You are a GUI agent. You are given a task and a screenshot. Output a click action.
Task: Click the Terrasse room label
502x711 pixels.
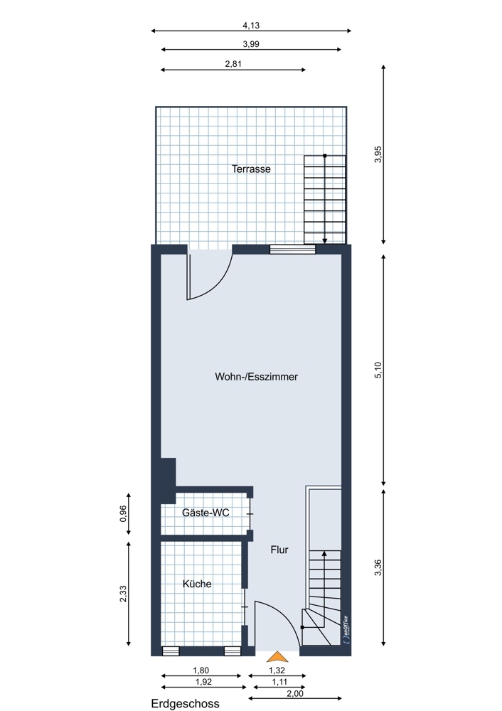click(x=251, y=169)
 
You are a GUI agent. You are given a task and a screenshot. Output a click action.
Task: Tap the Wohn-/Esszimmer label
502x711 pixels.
click(x=256, y=376)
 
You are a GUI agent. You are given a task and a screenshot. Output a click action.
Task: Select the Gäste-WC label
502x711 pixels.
click(x=205, y=513)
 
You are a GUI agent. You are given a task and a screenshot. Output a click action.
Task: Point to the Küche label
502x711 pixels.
click(x=197, y=584)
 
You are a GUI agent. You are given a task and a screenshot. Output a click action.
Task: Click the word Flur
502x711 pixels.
click(x=279, y=550)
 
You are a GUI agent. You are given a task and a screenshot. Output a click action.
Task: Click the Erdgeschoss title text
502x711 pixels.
click(x=185, y=704)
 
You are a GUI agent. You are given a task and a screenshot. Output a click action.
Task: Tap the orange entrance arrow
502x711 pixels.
click(x=277, y=656)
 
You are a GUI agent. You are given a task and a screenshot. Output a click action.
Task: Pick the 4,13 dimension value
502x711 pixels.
click(x=251, y=26)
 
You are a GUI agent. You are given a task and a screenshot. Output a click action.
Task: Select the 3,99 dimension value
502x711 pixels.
click(x=251, y=44)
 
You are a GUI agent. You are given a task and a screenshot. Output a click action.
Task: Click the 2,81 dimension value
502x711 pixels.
click(x=233, y=63)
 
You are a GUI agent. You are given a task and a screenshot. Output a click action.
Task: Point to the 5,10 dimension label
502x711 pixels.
click(x=379, y=370)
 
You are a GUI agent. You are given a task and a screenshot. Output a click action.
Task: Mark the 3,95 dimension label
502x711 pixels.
click(x=379, y=154)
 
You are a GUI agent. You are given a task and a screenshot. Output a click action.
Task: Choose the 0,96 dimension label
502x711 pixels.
click(x=123, y=514)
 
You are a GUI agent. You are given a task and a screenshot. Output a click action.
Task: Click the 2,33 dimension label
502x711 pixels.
click(x=123, y=594)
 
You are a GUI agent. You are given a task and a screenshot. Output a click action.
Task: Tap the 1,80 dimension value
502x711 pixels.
click(x=201, y=670)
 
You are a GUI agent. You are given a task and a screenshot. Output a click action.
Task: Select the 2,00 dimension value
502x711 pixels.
click(x=295, y=693)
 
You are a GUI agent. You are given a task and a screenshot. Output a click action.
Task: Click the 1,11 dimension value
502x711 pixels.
click(x=279, y=682)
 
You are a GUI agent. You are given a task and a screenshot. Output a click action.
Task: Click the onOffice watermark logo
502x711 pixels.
click(x=346, y=629)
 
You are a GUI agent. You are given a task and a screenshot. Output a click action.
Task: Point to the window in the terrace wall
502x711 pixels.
click(x=292, y=249)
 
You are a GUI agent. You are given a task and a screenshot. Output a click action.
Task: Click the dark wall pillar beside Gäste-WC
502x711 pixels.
click(x=168, y=481)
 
